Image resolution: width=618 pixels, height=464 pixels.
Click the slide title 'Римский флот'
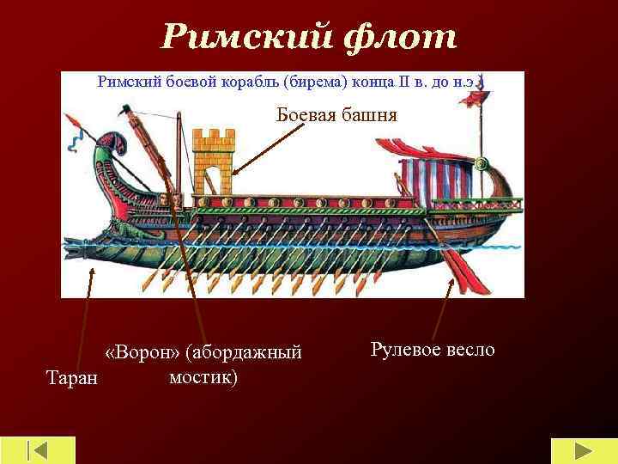(x=309, y=37)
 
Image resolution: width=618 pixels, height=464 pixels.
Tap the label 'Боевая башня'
(x=336, y=114)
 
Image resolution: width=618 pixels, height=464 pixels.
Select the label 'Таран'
(x=71, y=376)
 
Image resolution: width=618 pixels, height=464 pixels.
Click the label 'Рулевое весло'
(x=433, y=349)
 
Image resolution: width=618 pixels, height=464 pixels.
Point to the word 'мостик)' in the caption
(x=203, y=376)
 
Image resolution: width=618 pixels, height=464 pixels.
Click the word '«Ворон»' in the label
(x=142, y=352)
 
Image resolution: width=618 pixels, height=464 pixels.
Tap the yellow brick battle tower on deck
(x=214, y=163)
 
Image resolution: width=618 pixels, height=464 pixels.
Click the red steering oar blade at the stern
(x=469, y=274)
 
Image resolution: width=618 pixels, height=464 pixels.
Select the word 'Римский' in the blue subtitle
(x=129, y=82)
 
